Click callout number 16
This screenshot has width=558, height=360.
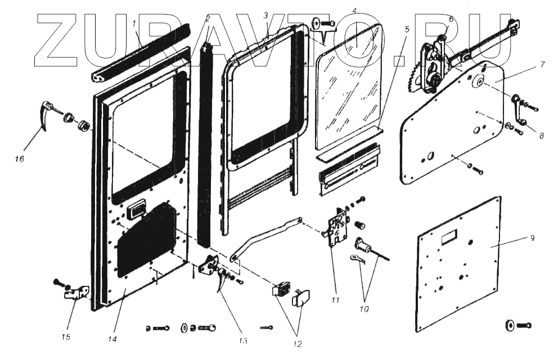click(x=20, y=159)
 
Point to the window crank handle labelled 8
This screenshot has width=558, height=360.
click(x=519, y=110)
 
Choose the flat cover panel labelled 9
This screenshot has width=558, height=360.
click(x=458, y=264)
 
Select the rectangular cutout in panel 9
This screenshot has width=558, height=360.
click(x=450, y=238)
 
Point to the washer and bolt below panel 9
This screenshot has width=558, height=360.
click(x=518, y=325)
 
